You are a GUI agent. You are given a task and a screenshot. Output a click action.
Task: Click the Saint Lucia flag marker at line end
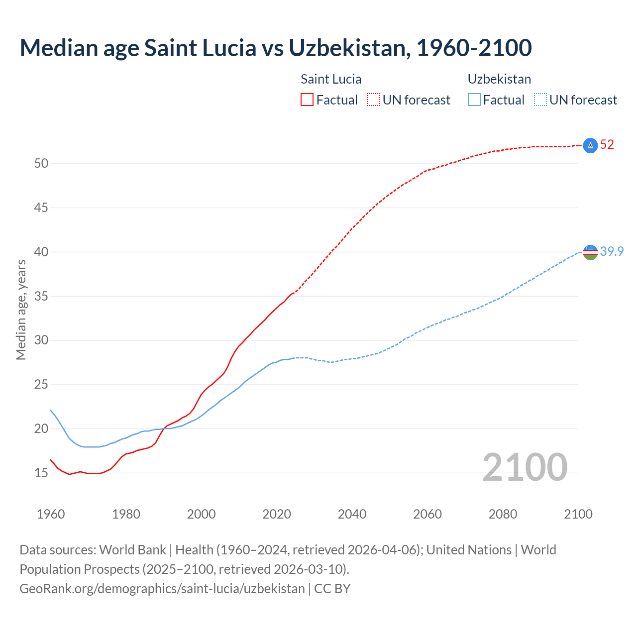(x=590, y=145)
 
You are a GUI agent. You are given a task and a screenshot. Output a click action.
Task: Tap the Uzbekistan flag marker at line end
(x=590, y=252)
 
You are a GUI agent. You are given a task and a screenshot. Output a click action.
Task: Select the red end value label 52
(x=607, y=145)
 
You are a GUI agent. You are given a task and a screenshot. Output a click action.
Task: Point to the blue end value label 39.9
(x=612, y=252)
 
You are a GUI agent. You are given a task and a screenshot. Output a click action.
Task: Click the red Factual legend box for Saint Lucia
(x=307, y=100)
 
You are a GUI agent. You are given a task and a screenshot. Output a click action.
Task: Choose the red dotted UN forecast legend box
(x=373, y=100)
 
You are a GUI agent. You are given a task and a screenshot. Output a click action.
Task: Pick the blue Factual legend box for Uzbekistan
(x=474, y=100)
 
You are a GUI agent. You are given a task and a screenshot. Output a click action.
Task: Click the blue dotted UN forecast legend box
(x=540, y=100)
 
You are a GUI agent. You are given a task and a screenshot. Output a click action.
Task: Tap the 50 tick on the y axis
(x=41, y=164)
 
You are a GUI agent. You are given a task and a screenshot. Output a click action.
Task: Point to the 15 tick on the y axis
(x=41, y=473)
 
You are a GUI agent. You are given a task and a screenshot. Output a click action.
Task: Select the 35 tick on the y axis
(x=41, y=297)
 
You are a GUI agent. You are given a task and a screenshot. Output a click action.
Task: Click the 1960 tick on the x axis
(x=51, y=514)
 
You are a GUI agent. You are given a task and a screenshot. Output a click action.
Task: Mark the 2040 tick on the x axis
(x=352, y=514)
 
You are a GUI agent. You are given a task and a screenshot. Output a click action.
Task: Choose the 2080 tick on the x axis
(x=503, y=514)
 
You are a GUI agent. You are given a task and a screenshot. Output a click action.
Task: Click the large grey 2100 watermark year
(x=525, y=467)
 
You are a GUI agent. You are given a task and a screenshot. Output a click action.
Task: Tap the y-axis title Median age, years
(x=21, y=310)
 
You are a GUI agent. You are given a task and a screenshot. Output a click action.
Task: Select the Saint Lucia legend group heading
(x=331, y=79)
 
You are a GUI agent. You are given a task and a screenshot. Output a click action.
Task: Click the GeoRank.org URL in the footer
(x=162, y=589)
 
